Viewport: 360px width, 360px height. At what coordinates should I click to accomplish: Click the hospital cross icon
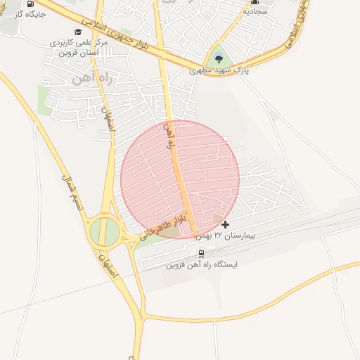click(x=224, y=224)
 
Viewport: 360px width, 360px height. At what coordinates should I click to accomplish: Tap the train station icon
click(x=201, y=254)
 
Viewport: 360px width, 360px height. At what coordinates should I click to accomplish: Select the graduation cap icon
click(x=78, y=32)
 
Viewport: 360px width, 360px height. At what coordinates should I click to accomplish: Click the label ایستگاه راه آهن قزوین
click(x=202, y=265)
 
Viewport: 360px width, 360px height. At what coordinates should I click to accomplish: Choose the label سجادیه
click(x=255, y=12)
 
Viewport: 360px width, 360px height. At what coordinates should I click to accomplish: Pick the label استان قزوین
click(x=76, y=53)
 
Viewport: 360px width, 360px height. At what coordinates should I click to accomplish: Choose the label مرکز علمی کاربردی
click(x=79, y=43)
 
